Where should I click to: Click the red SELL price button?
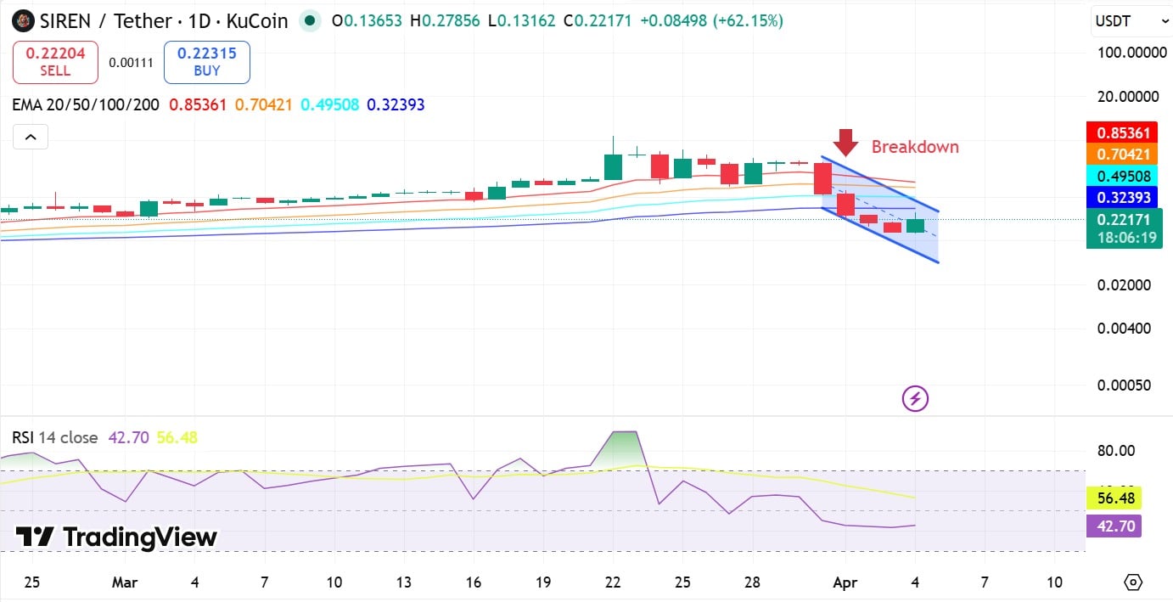point(55,62)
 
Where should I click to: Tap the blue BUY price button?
point(206,62)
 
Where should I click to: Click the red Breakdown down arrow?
point(846,142)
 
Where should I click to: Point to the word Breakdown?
point(915,147)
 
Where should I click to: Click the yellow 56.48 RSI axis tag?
point(1114,498)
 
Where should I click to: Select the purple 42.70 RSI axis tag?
point(1114,526)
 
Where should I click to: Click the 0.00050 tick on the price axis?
point(1124,385)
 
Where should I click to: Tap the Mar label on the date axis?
point(125,582)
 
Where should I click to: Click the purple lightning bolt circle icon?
point(915,398)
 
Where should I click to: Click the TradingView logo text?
point(117,537)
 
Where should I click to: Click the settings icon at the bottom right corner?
point(1132,582)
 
